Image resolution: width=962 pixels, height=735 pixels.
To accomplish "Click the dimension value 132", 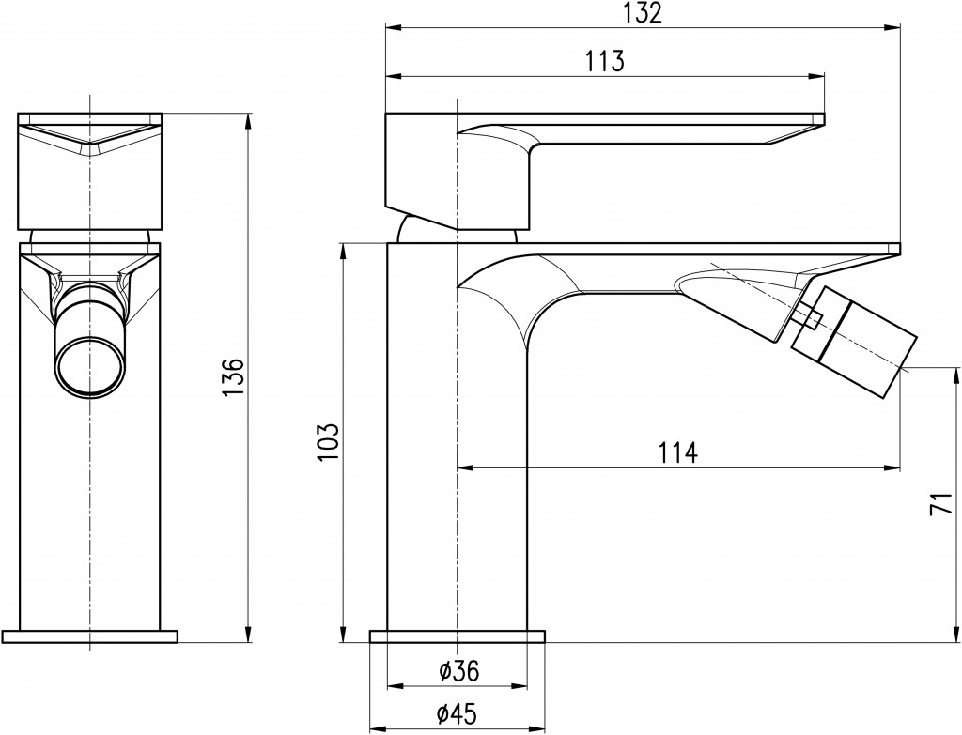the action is [x=643, y=13].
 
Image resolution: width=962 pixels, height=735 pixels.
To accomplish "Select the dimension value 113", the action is [x=604, y=61].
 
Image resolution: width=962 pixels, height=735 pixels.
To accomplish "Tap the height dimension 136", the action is [x=233, y=377].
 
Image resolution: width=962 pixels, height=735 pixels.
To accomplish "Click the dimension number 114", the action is [x=678, y=453].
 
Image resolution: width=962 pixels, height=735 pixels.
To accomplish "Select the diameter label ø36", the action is [x=458, y=671].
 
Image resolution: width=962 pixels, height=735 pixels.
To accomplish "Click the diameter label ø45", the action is [x=458, y=713].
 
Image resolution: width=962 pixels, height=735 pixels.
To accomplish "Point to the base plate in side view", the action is [x=458, y=635].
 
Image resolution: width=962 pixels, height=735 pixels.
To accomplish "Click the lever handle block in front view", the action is [x=90, y=171].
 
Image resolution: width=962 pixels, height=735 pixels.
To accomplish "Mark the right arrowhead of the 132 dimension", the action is [x=893, y=27].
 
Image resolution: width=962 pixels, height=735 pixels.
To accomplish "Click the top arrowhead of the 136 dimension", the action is [x=248, y=121].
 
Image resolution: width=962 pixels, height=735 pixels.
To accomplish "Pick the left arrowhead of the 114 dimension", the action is [x=466, y=469].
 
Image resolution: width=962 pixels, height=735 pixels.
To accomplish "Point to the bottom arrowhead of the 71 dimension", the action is [x=956, y=635].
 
